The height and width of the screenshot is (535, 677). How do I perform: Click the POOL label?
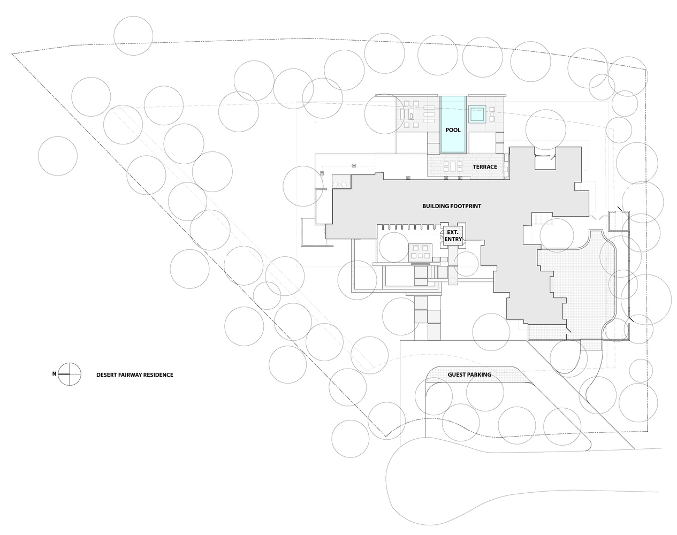[453, 130]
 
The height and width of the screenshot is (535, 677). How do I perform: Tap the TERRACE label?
[485, 167]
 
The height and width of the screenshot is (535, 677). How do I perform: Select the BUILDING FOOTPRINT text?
[452, 206]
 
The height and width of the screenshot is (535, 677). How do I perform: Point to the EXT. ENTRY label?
[453, 235]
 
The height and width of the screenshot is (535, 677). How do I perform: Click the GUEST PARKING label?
[469, 374]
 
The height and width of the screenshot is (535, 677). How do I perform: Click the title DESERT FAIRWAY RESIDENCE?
[135, 375]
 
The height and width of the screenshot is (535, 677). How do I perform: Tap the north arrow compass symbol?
[70, 374]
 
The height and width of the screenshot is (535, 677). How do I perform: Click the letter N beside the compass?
[54, 374]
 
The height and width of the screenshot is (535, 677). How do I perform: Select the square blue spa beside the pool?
[477, 114]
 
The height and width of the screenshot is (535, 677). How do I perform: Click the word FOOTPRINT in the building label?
[466, 206]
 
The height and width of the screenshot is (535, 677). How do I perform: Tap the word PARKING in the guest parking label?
[480, 374]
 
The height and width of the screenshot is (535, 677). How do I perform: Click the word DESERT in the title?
[106, 375]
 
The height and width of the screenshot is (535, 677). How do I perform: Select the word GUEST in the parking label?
[458, 374]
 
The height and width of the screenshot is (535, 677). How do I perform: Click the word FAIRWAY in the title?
[130, 375]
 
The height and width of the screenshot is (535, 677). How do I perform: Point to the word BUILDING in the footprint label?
[436, 206]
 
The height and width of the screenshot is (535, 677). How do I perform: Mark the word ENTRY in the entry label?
[453, 239]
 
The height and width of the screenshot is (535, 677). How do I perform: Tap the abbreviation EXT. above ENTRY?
[453, 232]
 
